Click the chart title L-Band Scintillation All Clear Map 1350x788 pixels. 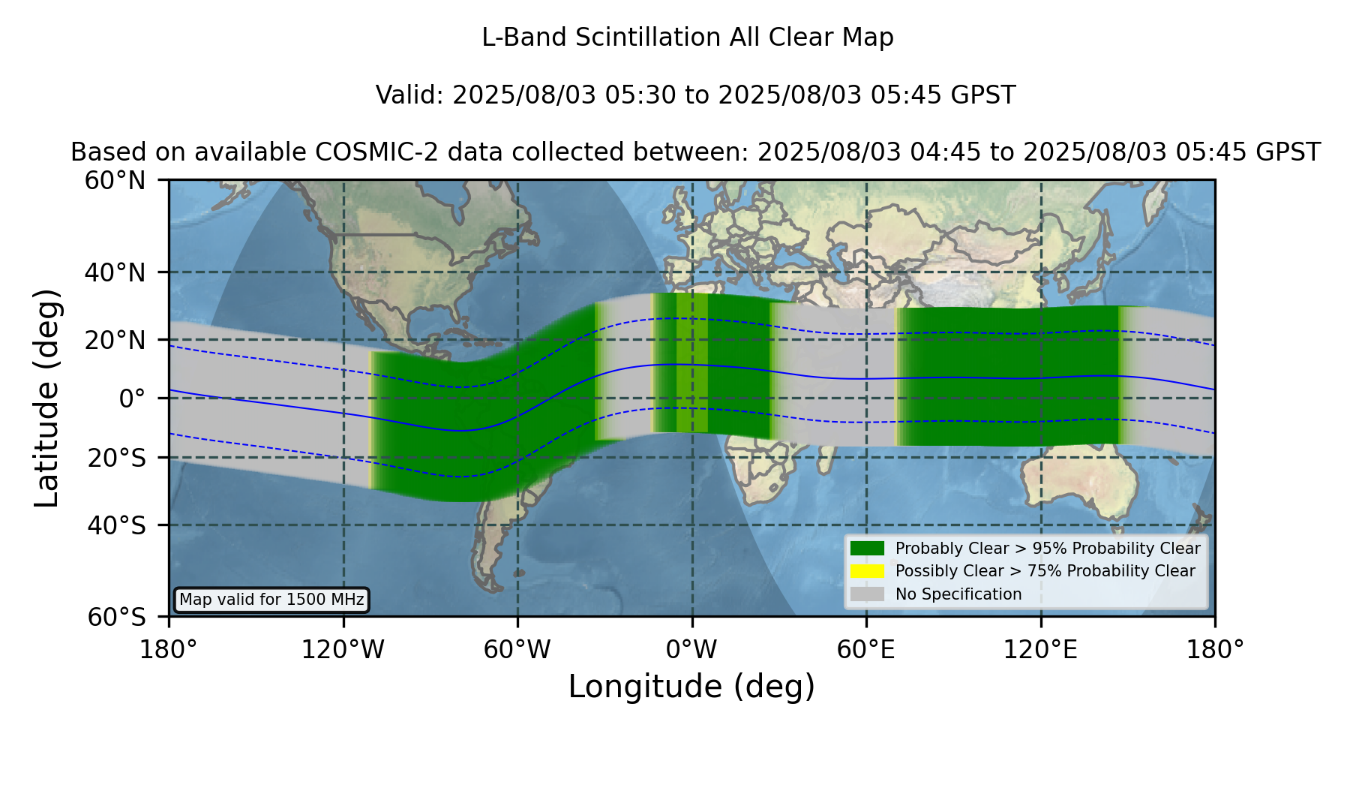tap(687, 38)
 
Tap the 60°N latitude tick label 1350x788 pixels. tap(115, 181)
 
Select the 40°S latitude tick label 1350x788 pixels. tap(117, 525)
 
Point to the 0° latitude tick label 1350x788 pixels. tap(132, 399)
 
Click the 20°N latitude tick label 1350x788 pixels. tap(115, 340)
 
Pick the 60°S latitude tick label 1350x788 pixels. tap(117, 618)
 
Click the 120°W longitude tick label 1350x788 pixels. tap(343, 650)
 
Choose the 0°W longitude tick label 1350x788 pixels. tap(691, 650)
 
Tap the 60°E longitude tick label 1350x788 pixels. tap(866, 650)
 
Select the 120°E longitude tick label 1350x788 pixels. tap(1040, 650)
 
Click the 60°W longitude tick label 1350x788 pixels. tap(517, 650)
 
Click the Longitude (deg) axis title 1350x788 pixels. tap(691, 687)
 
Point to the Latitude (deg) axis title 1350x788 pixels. tap(46, 398)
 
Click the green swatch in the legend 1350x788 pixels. tap(867, 548)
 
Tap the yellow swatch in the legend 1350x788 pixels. tap(867, 571)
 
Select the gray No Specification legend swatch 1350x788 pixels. tap(867, 594)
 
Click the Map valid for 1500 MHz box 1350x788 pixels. tap(271, 600)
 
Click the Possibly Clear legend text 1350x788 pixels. tap(1045, 571)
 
